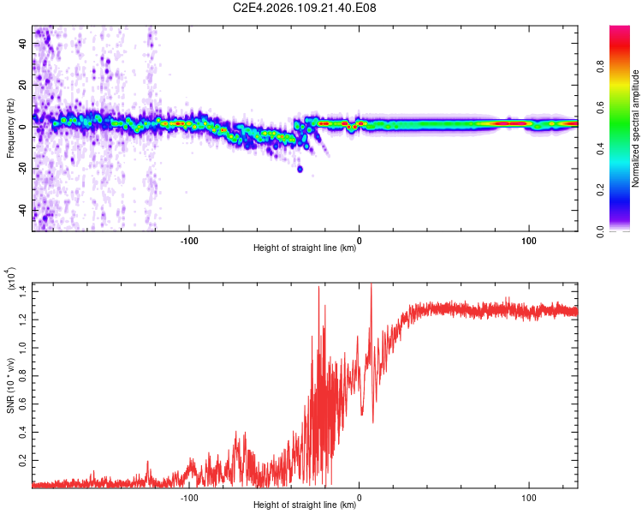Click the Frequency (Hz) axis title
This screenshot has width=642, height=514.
(x=11, y=128)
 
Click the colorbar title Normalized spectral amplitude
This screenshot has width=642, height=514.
(x=636, y=128)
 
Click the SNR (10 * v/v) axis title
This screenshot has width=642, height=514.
(x=11, y=379)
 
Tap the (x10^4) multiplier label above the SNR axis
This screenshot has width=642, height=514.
(x=11, y=280)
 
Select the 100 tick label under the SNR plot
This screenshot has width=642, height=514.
(x=529, y=496)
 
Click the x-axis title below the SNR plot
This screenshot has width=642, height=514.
(x=305, y=505)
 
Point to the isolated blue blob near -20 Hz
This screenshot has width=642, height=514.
(x=300, y=169)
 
